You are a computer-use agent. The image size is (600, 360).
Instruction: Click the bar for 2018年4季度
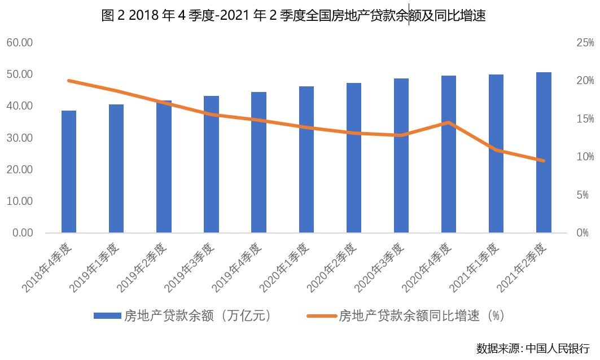[69, 172]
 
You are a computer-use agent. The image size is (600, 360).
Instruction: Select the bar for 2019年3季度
[211, 164]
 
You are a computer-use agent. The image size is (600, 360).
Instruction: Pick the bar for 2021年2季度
[544, 152]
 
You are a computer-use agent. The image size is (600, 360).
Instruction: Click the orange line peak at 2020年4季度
[449, 122]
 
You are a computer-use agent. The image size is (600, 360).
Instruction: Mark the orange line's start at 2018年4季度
[69, 81]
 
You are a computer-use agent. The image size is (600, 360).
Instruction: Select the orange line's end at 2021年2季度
[544, 161]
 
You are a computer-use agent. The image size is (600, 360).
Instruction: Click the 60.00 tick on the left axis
[20, 43]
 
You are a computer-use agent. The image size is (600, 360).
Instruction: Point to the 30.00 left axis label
[20, 138]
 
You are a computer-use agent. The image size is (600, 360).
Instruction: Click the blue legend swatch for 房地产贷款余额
[107, 315]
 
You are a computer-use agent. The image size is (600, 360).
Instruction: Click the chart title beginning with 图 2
[294, 16]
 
